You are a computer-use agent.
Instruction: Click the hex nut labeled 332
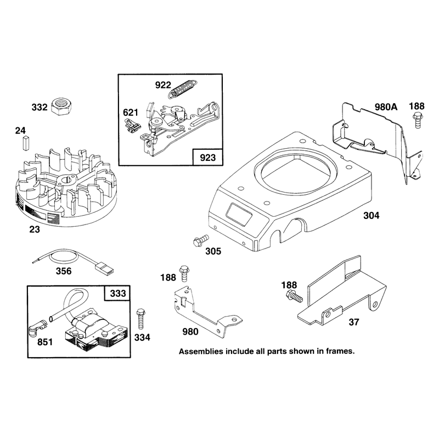[61, 106]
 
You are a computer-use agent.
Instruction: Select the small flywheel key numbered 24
[26, 142]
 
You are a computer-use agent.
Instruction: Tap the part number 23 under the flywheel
[35, 229]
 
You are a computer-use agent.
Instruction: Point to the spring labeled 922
[182, 88]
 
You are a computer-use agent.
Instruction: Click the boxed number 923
[208, 157]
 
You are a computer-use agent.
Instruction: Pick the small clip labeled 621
[132, 125]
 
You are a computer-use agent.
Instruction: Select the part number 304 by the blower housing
[372, 215]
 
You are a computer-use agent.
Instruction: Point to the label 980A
[386, 107]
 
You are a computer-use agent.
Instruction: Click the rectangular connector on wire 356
[104, 269]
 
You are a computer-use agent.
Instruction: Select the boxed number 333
[118, 294]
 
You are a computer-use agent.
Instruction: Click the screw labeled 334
[140, 319]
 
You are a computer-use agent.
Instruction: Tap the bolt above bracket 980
[184, 273]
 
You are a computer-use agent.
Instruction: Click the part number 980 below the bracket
[190, 331]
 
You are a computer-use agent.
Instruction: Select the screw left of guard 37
[294, 296]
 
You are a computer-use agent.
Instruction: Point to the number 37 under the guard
[354, 322]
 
